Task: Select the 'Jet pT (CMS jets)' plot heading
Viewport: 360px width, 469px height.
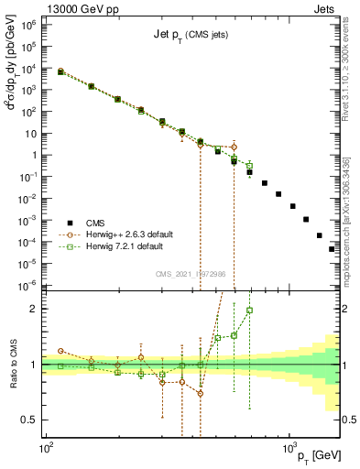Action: pyautogui.click(x=191, y=36)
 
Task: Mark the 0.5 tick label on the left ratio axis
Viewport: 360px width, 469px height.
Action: pyautogui.click(x=29, y=420)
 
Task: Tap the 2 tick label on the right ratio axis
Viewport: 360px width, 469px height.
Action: pyautogui.click(x=346, y=309)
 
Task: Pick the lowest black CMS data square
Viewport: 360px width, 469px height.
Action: pyautogui.click(x=332, y=248)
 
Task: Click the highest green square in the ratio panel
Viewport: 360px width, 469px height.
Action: pyautogui.click(x=249, y=310)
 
